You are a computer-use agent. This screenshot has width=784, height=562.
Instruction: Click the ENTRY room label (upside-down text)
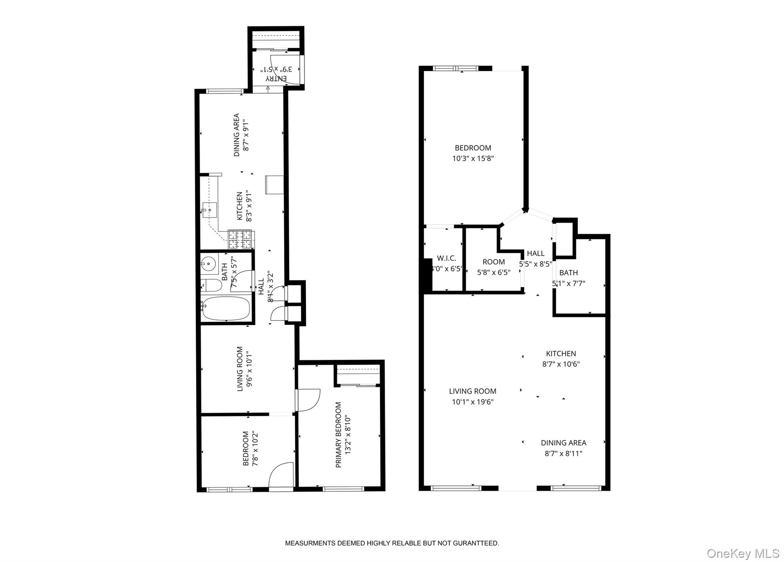pos(276,78)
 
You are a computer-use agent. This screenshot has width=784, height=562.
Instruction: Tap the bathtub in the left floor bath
pos(226,308)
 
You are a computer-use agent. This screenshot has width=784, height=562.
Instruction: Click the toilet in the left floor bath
pos(211,285)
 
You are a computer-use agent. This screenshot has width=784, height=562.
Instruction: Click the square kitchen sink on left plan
pos(209,210)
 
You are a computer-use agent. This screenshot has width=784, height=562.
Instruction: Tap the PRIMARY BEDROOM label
pos(338,435)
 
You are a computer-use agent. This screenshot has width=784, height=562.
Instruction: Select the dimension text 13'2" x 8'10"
pos(348,435)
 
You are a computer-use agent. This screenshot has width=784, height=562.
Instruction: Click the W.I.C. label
pos(446,258)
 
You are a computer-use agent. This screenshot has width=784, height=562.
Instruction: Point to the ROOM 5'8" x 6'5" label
pos(493,262)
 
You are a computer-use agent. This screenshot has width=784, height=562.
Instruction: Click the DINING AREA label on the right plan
pos(563,443)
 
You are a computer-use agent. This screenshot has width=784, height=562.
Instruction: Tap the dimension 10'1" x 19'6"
pos(473,402)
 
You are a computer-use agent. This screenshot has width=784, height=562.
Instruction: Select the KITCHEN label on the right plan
pos(561,354)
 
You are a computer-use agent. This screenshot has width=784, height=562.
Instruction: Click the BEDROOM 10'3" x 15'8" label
pos(473,148)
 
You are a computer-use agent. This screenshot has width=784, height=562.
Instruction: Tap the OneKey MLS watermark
pos(743,553)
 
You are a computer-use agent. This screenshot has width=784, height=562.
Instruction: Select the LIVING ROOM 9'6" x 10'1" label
pos(240,369)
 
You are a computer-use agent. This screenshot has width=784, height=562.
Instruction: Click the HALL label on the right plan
pos(536,253)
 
